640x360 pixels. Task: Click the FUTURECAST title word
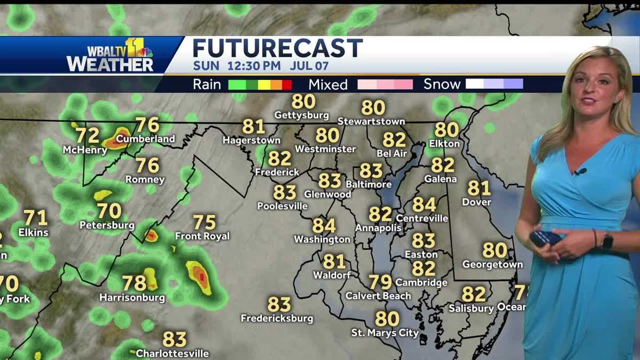(x=277, y=49)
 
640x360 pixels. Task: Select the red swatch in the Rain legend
(x=287, y=84)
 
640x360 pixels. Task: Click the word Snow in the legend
(x=442, y=84)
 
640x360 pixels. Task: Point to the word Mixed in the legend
(x=328, y=85)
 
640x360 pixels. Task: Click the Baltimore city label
(x=369, y=185)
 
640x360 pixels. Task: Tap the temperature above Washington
(x=324, y=226)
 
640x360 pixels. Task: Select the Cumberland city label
(x=145, y=139)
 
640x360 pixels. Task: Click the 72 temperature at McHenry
(x=87, y=135)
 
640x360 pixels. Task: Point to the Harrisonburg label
(x=132, y=298)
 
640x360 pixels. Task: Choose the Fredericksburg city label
(x=277, y=319)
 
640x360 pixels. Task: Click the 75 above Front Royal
(x=204, y=222)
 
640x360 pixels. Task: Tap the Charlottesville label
(x=172, y=353)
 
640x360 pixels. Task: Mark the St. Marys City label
(x=385, y=333)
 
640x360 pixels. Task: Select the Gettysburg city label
(x=301, y=115)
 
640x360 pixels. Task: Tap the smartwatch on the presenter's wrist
(x=607, y=241)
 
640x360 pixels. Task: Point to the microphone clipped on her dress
(x=580, y=172)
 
